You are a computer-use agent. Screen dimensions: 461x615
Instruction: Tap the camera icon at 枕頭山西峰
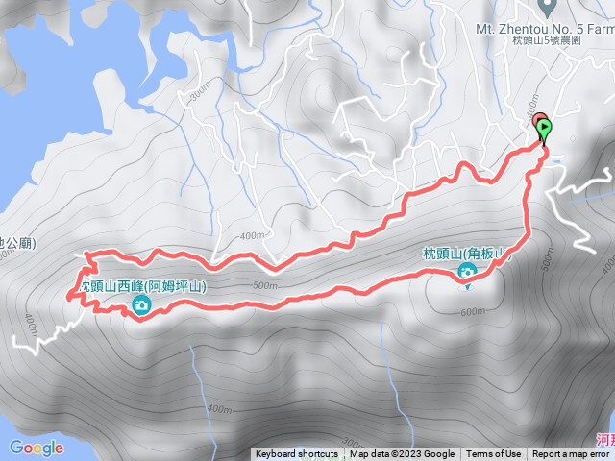click(x=141, y=306)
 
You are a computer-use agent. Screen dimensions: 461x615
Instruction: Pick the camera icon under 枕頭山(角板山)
click(x=467, y=273)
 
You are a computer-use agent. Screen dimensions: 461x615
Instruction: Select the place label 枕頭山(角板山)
click(x=465, y=254)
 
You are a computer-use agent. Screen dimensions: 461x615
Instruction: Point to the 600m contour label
click(x=473, y=311)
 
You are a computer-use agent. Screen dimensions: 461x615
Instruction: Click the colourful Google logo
click(x=36, y=448)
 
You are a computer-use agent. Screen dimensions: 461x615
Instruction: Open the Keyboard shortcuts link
click(x=297, y=454)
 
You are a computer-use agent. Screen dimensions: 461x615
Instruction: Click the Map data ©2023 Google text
click(x=403, y=454)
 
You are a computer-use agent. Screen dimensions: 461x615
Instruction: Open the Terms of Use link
click(x=494, y=454)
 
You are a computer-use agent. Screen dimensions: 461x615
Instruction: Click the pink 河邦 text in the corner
click(x=604, y=440)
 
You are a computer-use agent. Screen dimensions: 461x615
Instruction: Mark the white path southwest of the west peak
click(x=43, y=337)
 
